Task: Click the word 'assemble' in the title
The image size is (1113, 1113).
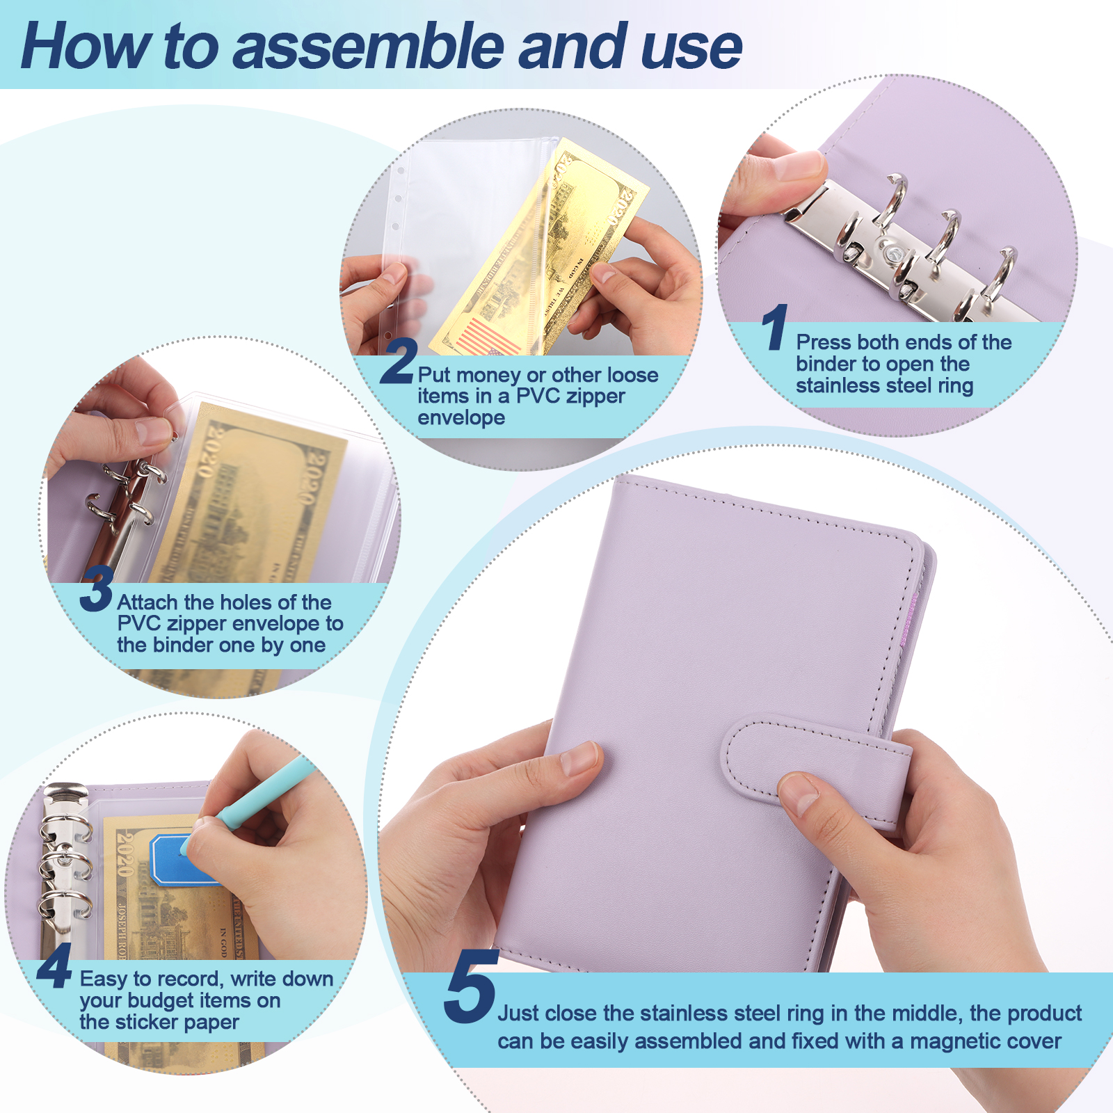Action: click(x=369, y=47)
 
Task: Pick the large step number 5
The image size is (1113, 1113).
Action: click(x=471, y=986)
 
